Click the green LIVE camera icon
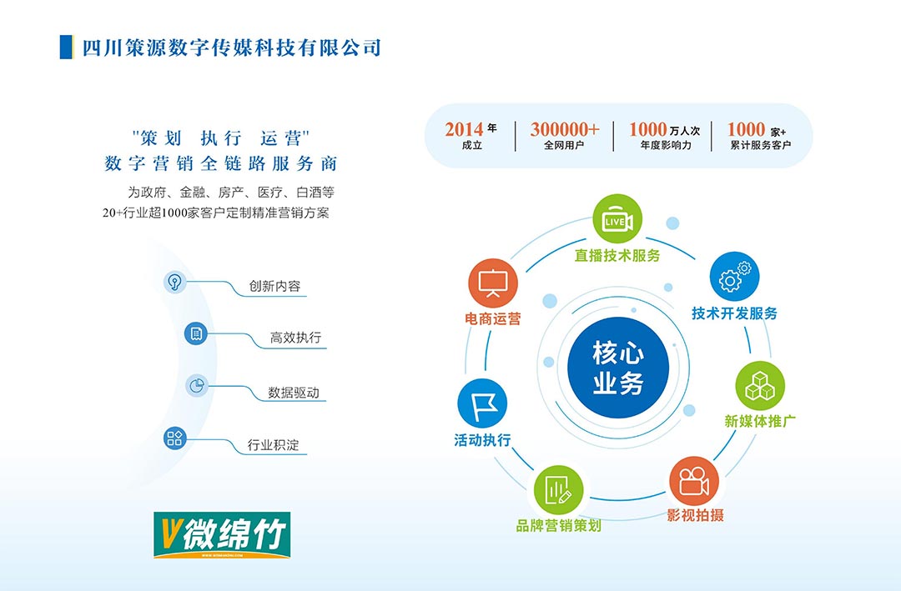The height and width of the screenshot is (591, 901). coord(617,219)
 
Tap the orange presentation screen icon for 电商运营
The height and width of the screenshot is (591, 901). coord(493,283)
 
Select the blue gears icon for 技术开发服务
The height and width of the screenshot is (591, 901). coord(734,277)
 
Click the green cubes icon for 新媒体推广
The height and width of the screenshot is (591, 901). coord(760,386)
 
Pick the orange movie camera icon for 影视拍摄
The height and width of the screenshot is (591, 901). coord(693,481)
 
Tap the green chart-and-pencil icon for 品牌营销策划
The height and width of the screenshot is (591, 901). coord(558,490)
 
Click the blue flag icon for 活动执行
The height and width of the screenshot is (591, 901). coord(482,403)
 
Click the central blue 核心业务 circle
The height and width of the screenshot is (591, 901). coord(618,368)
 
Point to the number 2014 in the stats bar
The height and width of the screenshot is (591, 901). coord(464,129)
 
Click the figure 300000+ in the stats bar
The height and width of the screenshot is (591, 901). coord(564,129)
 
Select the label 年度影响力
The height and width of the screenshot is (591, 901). coord(666,145)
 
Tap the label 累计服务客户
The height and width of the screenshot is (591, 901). coord(760,145)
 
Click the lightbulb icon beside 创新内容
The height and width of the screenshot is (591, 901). coord(174,282)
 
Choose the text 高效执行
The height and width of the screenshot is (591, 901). coord(295,338)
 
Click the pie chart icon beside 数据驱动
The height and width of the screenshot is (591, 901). coord(197,385)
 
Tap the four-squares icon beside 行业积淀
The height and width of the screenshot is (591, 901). coord(174,438)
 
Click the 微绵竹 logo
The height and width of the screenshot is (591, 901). coord(222,534)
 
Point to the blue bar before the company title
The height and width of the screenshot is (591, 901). coord(67,47)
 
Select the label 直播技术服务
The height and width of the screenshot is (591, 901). coord(617,256)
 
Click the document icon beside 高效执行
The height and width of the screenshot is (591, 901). coord(196,333)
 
